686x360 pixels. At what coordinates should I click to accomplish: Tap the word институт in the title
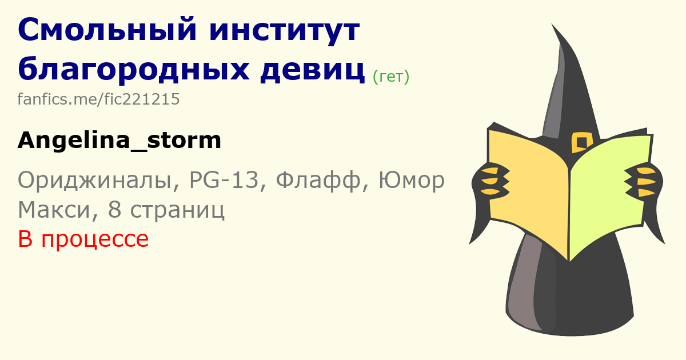(285, 31)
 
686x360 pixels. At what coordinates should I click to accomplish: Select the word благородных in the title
(133, 70)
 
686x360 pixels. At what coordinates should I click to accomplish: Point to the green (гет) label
(391, 77)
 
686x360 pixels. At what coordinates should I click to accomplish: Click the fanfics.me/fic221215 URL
(98, 99)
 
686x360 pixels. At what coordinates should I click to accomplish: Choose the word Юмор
(412, 180)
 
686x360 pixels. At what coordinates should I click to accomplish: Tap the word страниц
(177, 211)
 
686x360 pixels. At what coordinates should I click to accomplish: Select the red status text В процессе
(83, 239)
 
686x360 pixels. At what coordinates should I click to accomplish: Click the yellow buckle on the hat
(582, 142)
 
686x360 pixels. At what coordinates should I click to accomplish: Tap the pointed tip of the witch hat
(552, 24)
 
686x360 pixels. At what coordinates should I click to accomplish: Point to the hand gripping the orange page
(490, 181)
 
